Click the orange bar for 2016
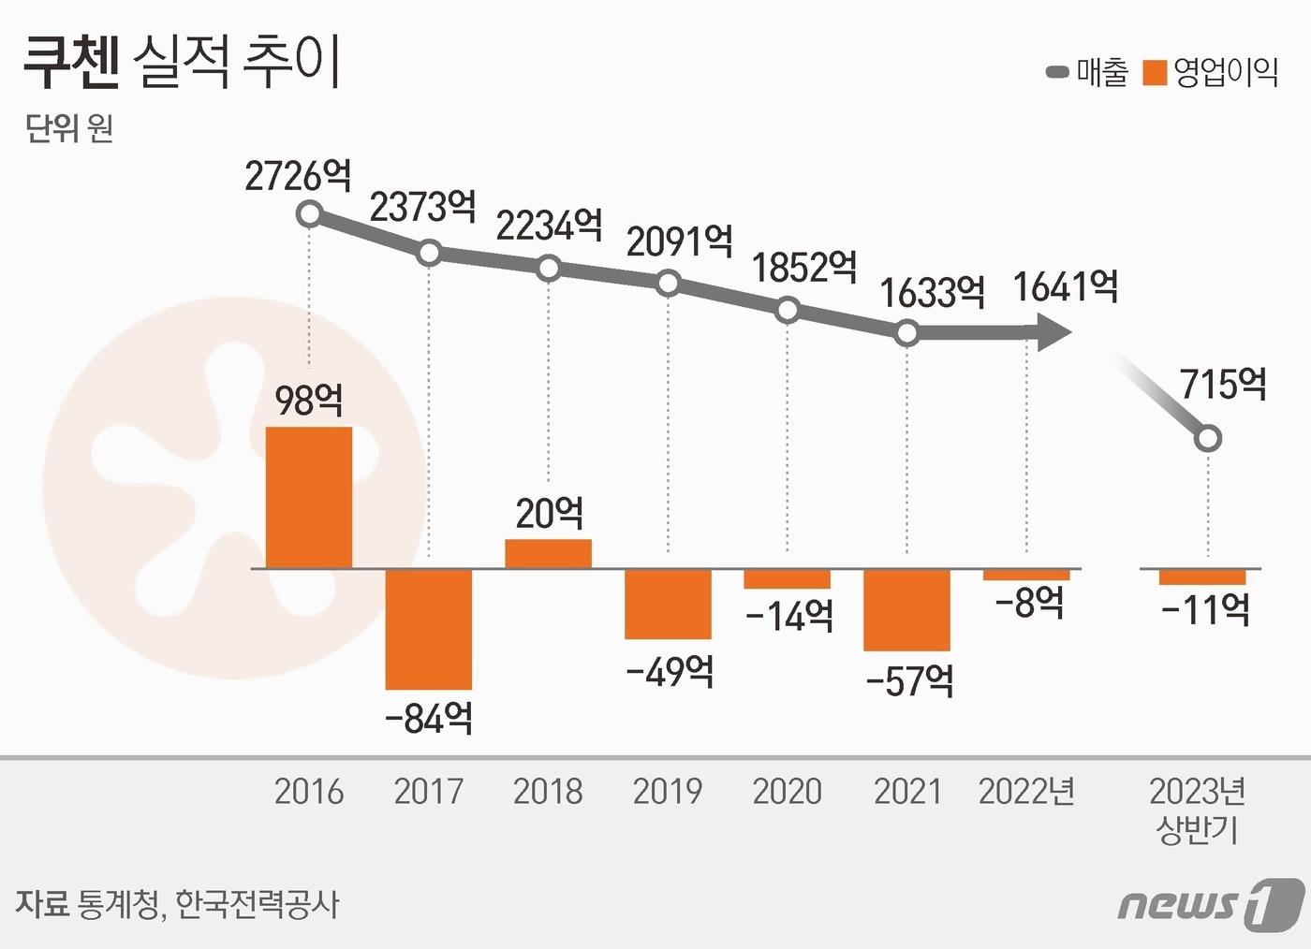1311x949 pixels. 309,497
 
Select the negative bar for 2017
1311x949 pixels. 429,628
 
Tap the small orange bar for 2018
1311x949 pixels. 548,554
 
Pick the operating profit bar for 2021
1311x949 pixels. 906,609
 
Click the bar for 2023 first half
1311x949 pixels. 1202,577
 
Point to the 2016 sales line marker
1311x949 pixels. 309,215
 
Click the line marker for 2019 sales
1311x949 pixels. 668,283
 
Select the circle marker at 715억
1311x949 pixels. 1208,438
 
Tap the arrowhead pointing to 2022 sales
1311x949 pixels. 1053,331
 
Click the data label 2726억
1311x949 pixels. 298,176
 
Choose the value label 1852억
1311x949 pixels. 804,268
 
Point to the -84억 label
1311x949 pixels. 429,719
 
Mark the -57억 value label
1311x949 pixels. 909,680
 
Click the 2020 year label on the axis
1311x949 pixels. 787,792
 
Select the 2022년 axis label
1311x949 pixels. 1026,792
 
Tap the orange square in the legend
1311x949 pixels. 1155,72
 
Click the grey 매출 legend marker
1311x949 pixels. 1057,72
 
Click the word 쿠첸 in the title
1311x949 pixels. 71,63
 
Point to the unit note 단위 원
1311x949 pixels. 69,127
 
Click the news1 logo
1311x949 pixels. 1210,904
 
